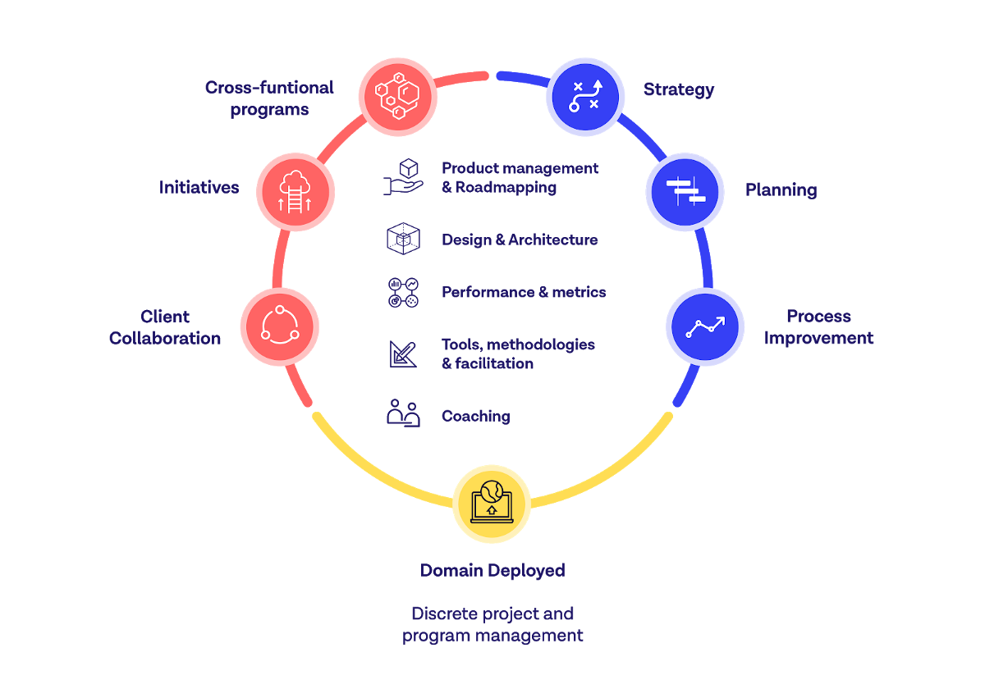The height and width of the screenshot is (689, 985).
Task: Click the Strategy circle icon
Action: tap(585, 96)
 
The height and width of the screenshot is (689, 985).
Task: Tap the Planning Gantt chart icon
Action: tap(685, 192)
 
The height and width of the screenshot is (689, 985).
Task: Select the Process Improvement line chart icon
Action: tap(705, 326)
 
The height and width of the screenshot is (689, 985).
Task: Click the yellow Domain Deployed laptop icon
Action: tap(492, 504)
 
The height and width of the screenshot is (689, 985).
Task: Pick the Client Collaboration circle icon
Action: tap(279, 326)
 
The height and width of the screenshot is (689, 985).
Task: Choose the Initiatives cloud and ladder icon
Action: tap(295, 191)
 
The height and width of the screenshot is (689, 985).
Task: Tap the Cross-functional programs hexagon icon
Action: tap(397, 96)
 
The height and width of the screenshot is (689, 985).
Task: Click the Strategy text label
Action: tap(678, 89)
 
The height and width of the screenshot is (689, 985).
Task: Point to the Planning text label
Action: tap(781, 190)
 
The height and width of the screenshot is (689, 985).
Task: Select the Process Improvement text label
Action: tap(818, 327)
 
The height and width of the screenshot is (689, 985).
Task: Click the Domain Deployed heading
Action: tap(492, 570)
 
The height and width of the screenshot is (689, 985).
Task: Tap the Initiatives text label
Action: tap(199, 188)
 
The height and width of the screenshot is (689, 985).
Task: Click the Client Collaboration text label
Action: tap(165, 327)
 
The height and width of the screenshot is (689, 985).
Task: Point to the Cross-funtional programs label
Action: tap(269, 98)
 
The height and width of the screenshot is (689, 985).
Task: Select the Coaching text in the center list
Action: tap(475, 416)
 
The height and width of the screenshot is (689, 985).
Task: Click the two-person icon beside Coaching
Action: tap(403, 413)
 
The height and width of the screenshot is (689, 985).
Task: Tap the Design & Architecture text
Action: tap(519, 240)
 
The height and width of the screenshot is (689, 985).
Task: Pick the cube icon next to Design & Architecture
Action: tap(403, 239)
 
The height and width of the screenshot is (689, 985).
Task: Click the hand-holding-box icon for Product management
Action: tap(403, 177)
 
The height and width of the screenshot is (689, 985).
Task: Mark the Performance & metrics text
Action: tap(524, 292)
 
